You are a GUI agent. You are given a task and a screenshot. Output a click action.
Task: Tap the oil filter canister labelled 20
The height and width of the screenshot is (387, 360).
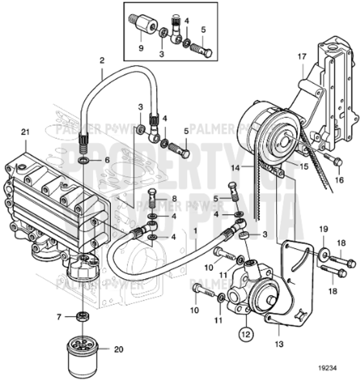point(82,356)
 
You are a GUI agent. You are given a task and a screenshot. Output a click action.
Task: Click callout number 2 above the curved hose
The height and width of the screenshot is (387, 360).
point(101,61)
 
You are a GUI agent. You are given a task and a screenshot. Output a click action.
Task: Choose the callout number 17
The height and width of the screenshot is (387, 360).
point(301,56)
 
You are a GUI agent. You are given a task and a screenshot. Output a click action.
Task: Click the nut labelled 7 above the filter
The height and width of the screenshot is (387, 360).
point(82,317)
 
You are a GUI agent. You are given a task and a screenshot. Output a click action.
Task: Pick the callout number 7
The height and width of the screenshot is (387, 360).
point(59,317)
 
